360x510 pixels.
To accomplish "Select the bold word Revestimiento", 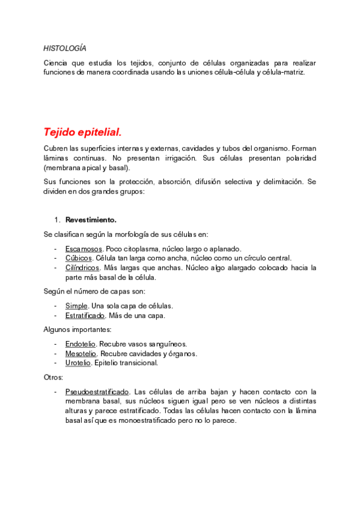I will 91,220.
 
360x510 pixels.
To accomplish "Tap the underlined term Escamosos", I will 83,248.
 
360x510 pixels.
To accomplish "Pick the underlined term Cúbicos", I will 79,258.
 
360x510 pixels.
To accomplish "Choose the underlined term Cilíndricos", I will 82,268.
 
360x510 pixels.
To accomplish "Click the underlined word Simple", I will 76,306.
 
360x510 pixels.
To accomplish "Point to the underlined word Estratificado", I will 85,315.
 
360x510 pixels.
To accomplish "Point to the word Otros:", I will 53,377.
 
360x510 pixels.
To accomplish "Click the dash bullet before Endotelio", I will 55,343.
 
